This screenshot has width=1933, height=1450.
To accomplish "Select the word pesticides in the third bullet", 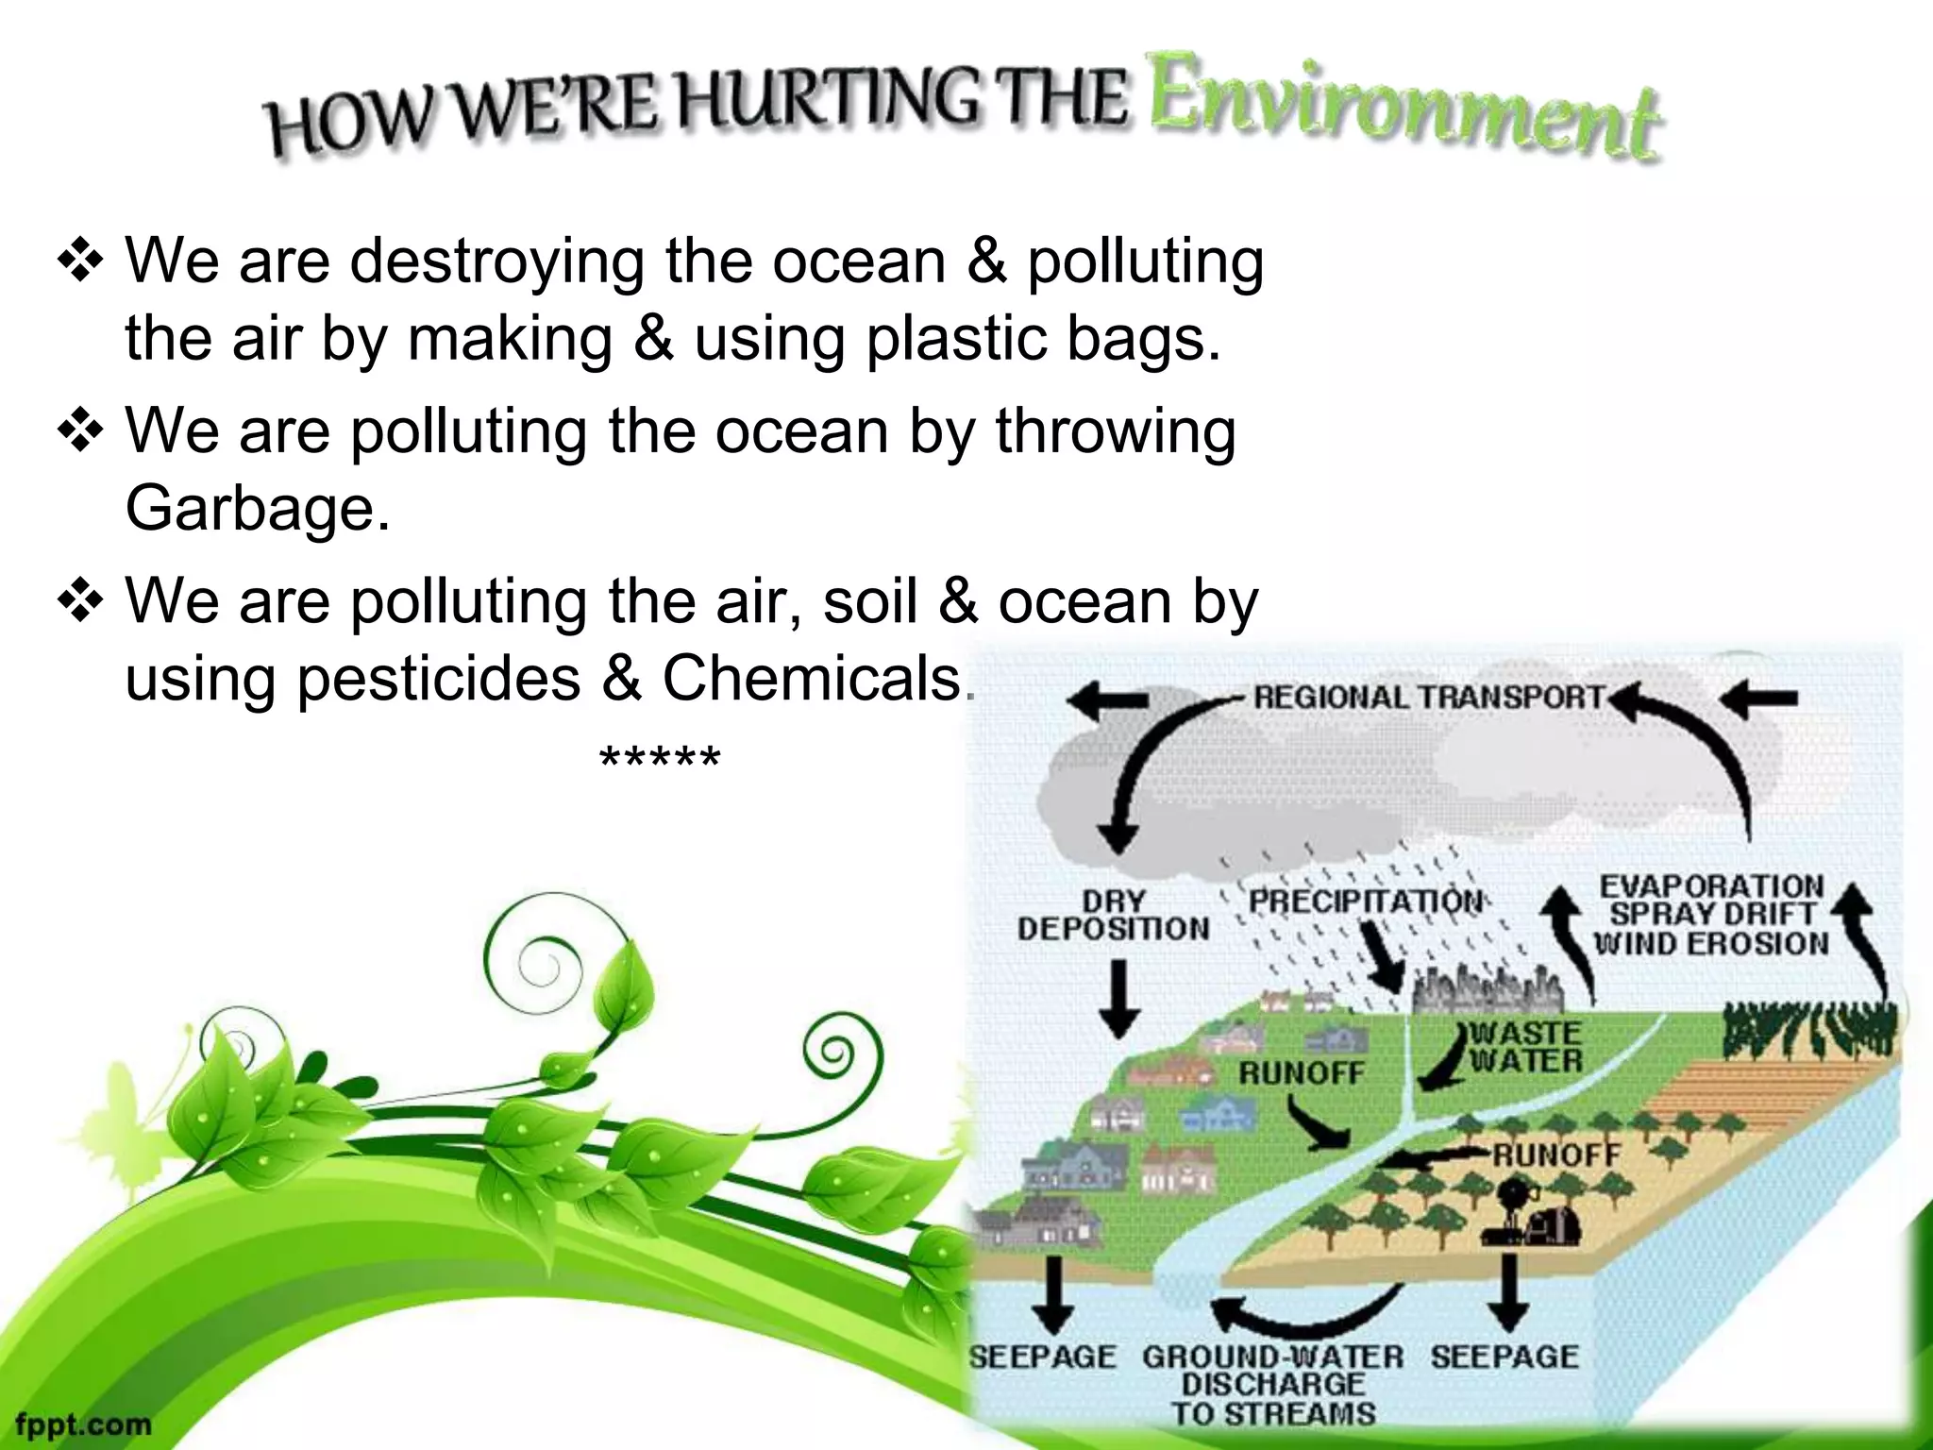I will coord(438,678).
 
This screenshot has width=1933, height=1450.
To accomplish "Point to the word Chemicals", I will coord(811,678).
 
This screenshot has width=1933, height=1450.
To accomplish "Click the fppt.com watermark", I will coord(83,1423).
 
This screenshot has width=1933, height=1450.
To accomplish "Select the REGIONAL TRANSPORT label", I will coord(1427,698).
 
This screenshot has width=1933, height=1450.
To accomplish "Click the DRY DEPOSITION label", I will coord(1114,915).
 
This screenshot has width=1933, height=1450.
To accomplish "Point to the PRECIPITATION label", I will coord(1365,901).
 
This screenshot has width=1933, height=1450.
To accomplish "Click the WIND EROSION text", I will coord(1711,943).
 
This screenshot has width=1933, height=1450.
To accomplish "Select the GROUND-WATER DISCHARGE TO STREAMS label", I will coord(1272,1384).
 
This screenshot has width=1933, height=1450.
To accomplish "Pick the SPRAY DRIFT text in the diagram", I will coord(1712,914).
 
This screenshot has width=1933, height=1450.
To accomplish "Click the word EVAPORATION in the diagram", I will coord(1711,885).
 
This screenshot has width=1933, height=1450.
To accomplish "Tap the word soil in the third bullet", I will coord(869,601).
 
